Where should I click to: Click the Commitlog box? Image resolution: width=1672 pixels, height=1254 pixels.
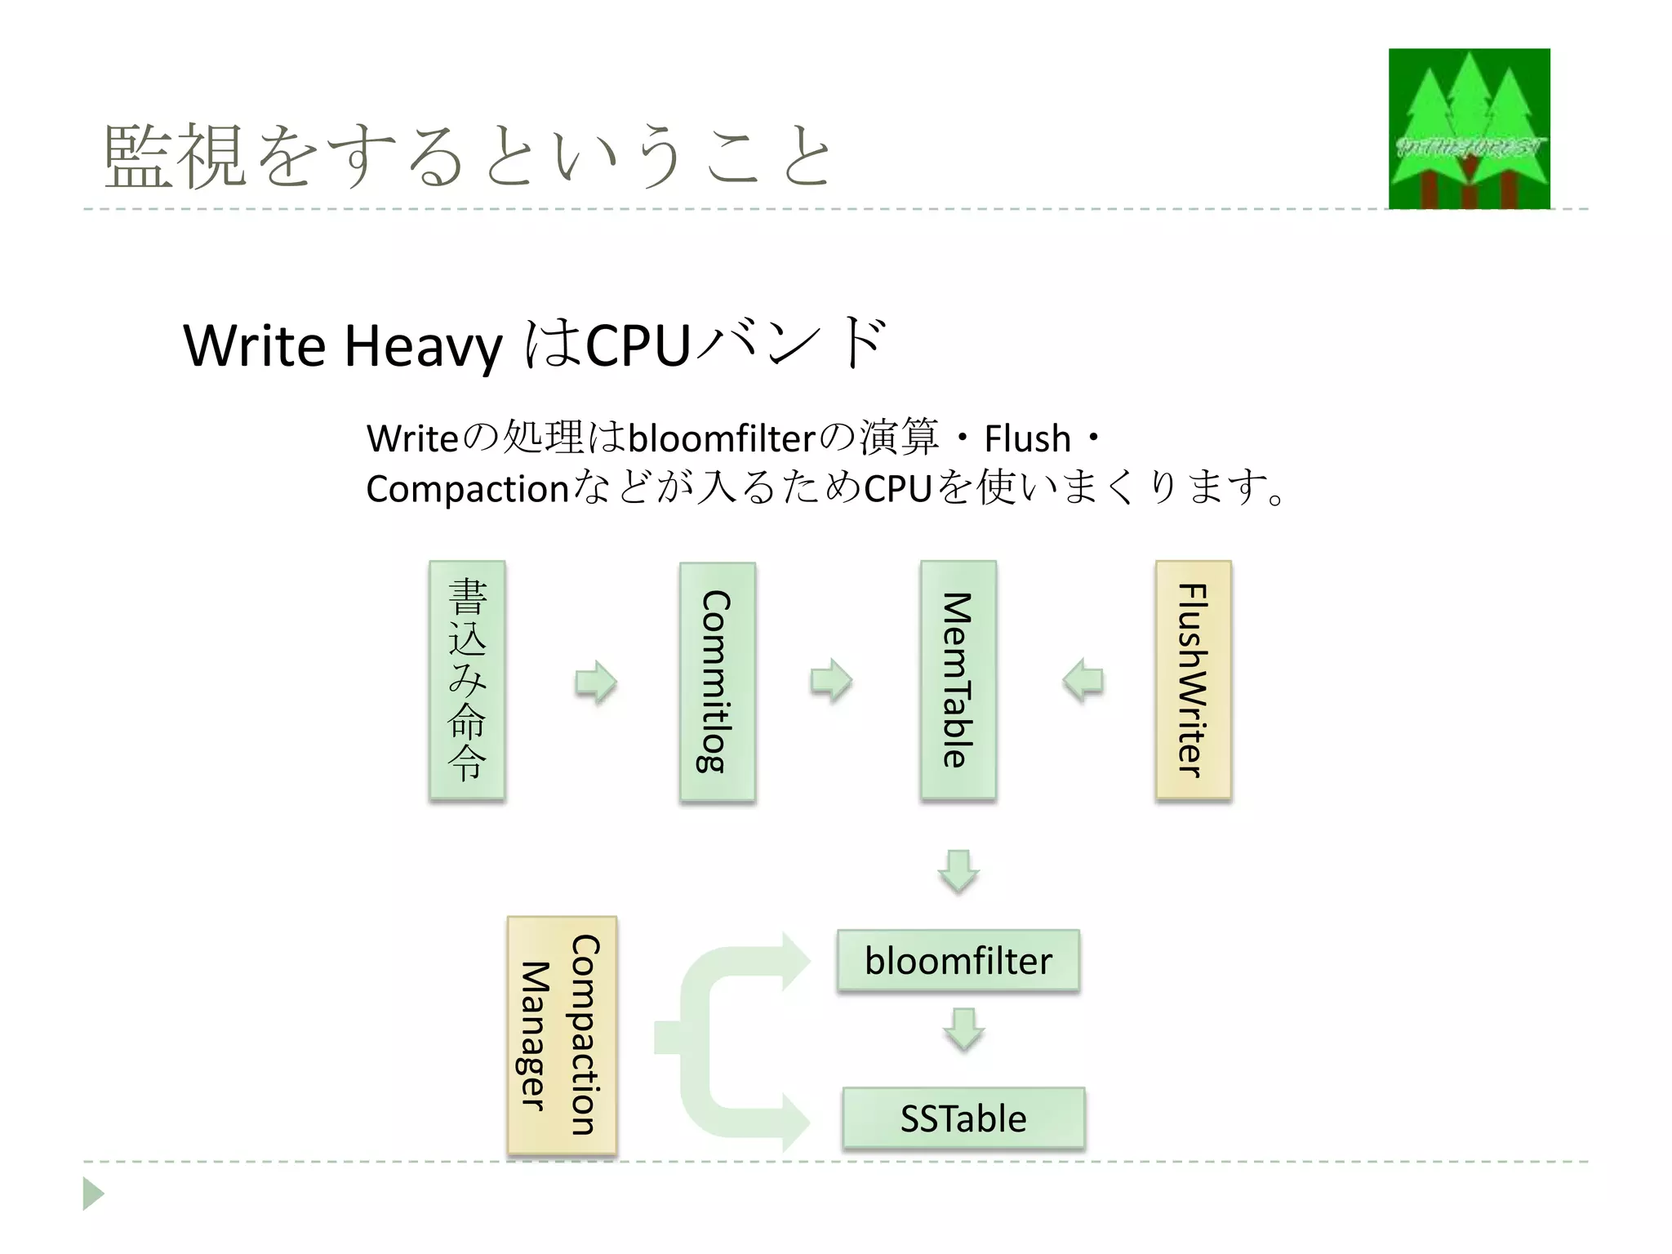(x=717, y=682)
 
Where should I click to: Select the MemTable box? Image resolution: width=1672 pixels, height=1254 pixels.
(x=958, y=679)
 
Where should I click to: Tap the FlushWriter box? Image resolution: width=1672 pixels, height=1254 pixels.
(x=1193, y=679)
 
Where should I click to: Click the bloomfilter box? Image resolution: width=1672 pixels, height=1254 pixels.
(x=958, y=961)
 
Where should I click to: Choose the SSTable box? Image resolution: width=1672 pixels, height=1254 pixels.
(x=963, y=1118)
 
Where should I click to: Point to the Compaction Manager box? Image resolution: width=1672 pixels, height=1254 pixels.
(x=562, y=1035)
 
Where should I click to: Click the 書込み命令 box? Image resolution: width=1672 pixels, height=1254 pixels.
(x=467, y=679)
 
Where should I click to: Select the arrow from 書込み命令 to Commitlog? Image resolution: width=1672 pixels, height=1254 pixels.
(x=596, y=682)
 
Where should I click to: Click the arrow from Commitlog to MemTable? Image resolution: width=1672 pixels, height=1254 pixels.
(x=831, y=680)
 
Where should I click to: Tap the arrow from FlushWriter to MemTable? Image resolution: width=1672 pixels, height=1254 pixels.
(x=1083, y=680)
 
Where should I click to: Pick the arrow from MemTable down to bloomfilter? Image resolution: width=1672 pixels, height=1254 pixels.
(x=958, y=871)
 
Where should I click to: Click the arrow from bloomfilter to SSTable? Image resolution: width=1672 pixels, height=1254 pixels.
(x=964, y=1029)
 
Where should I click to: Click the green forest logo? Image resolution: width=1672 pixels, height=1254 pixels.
(x=1469, y=128)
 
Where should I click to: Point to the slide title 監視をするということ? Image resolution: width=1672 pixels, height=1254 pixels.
(x=469, y=156)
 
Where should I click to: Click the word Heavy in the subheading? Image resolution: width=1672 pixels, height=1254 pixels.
(x=423, y=346)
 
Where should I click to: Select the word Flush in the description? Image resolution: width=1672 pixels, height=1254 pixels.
(x=1027, y=439)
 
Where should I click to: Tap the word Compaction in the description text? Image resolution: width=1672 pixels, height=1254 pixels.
(x=467, y=489)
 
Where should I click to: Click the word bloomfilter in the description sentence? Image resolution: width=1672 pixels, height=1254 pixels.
(x=722, y=439)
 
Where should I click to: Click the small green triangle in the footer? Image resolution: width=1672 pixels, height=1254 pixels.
(x=92, y=1194)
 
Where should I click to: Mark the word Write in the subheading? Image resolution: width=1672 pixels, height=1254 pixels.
(x=254, y=346)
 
